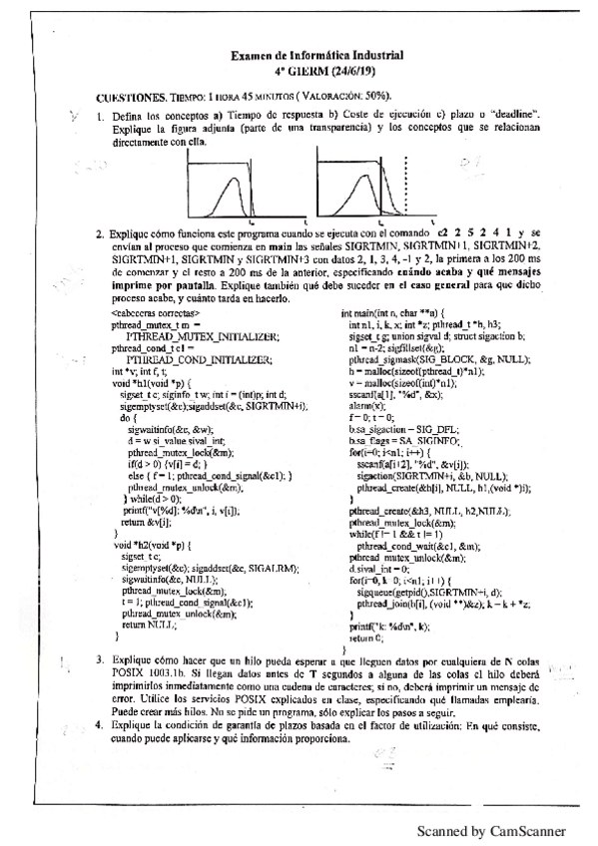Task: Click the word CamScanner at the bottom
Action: (528, 830)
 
